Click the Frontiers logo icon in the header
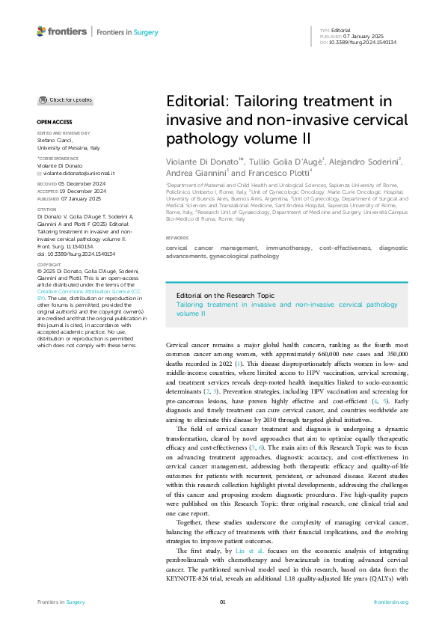(41, 32)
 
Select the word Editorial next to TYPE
(340, 30)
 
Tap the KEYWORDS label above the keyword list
(178, 217)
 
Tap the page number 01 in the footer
(222, 602)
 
